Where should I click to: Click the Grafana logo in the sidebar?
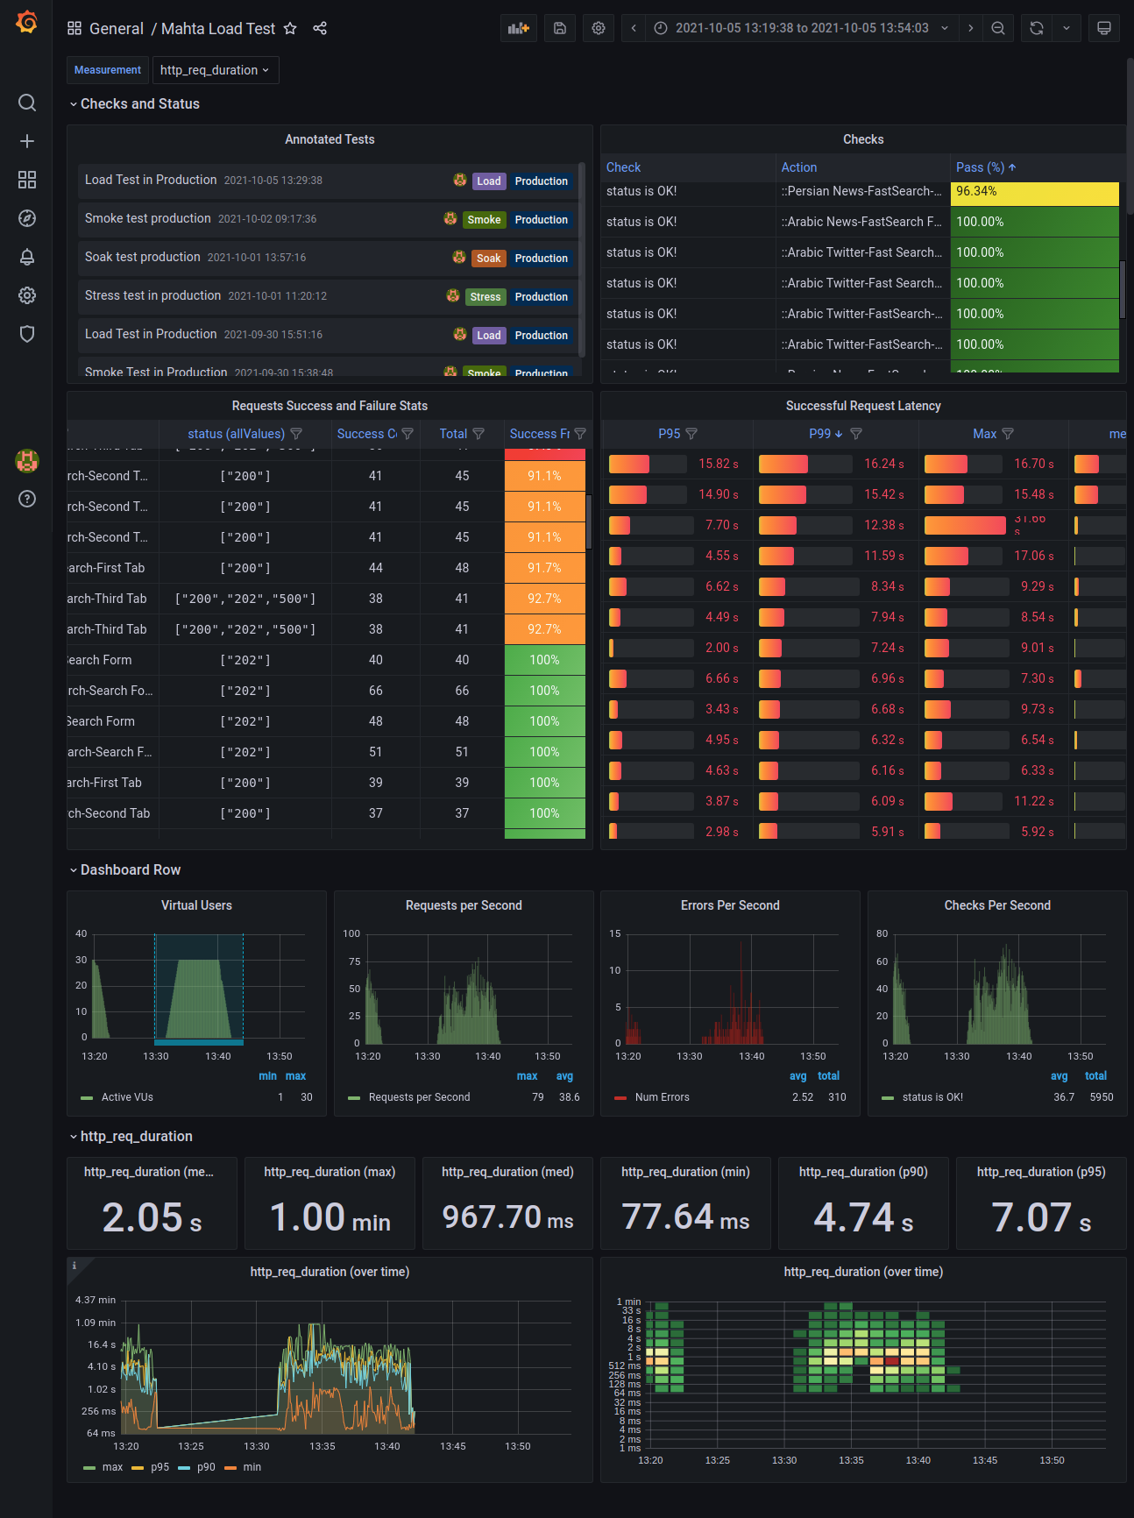coord(27,22)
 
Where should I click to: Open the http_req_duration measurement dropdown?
coord(215,70)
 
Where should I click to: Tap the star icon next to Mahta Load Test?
coord(290,29)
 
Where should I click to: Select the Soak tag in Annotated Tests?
coord(488,259)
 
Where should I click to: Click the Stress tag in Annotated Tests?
coord(485,297)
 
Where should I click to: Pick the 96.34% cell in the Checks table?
coord(1034,192)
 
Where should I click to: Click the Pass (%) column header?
coord(980,167)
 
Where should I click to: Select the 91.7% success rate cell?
coord(544,568)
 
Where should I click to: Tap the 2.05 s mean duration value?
coord(152,1217)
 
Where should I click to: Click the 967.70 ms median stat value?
coord(507,1217)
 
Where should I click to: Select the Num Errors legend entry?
coord(662,1097)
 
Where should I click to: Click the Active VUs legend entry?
coord(127,1097)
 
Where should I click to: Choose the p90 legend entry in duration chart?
coord(206,1467)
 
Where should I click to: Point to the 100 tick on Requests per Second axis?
coord(351,933)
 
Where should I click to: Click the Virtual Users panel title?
coord(196,905)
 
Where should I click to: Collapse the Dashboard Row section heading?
coord(130,869)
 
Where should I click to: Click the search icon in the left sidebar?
coord(27,103)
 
